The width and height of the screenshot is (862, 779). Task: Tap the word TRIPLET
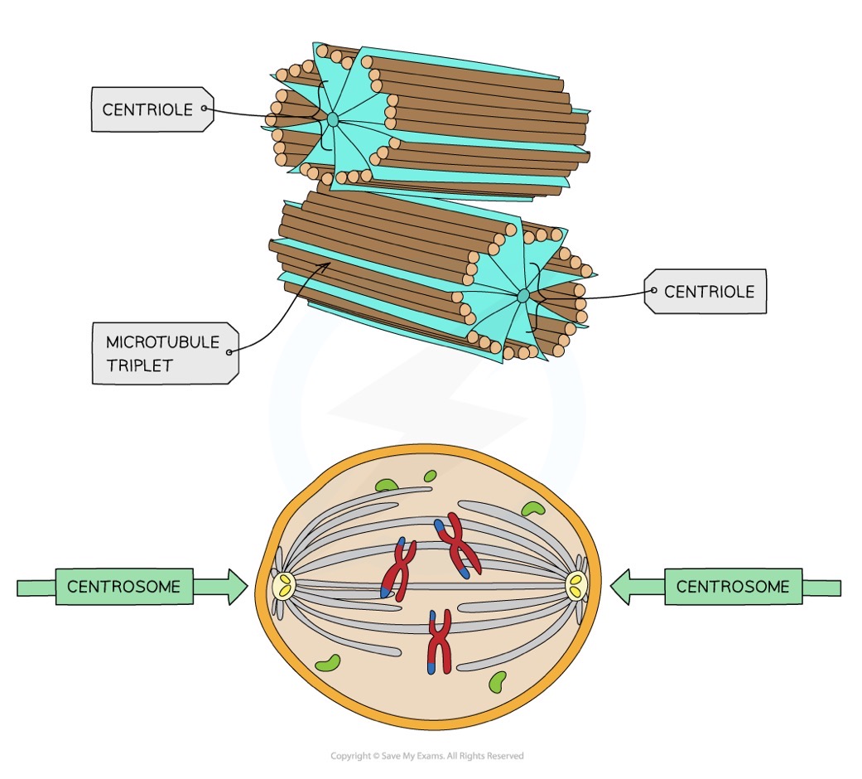pyautogui.click(x=139, y=365)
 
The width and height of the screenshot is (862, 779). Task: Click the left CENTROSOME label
pyautogui.click(x=123, y=587)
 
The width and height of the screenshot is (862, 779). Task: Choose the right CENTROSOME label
pyautogui.click(x=732, y=587)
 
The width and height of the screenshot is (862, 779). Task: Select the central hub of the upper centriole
pyautogui.click(x=332, y=120)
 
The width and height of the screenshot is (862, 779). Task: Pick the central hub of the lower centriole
pyautogui.click(x=522, y=296)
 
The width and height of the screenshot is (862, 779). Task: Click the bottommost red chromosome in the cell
pyautogui.click(x=438, y=641)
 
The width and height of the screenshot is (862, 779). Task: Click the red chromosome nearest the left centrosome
pyautogui.click(x=398, y=571)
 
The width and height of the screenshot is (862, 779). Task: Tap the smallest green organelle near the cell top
pyautogui.click(x=430, y=476)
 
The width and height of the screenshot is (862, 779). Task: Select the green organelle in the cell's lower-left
pyautogui.click(x=328, y=662)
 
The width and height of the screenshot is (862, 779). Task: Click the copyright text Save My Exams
pyautogui.click(x=427, y=756)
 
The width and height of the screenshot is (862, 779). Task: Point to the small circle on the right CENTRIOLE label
pyautogui.click(x=654, y=291)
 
